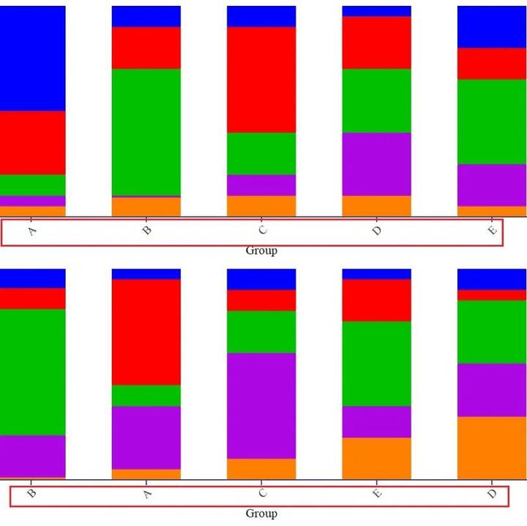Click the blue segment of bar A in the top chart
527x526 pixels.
click(33, 59)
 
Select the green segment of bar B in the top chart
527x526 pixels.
click(146, 132)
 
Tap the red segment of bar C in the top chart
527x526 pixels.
click(261, 80)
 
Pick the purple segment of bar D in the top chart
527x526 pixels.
click(377, 165)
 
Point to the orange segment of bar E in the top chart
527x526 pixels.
click(492, 211)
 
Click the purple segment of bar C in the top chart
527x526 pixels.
click(261, 185)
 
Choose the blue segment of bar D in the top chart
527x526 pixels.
click(377, 11)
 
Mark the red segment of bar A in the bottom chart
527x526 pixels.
click(146, 332)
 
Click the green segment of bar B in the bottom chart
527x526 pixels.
click(33, 372)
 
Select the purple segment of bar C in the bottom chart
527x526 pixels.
click(261, 406)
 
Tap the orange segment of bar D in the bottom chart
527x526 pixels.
click(492, 448)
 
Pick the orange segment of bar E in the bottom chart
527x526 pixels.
click(377, 459)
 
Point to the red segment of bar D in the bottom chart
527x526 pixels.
click(492, 296)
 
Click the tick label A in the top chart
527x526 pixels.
click(32, 231)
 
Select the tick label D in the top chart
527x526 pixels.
click(377, 230)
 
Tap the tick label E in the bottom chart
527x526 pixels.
click(377, 493)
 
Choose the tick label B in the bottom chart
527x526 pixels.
click(32, 493)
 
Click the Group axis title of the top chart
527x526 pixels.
click(261, 251)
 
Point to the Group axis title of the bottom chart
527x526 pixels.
click(261, 514)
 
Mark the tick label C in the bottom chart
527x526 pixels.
click(263, 493)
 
